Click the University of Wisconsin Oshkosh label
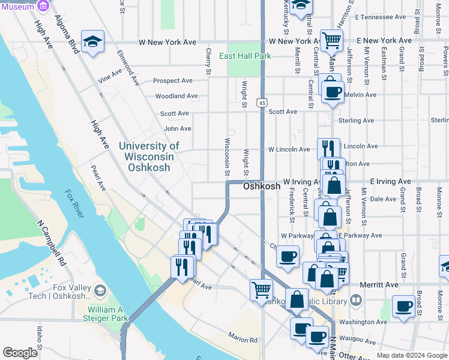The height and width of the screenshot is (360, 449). click(x=149, y=157)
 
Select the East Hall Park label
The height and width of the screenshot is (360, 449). click(x=244, y=56)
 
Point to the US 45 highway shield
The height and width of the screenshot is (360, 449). click(x=262, y=103)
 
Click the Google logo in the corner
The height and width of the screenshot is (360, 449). click(x=20, y=353)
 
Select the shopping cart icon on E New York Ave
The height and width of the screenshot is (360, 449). click(x=331, y=41)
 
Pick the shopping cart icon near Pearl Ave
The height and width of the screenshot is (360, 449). click(x=261, y=289)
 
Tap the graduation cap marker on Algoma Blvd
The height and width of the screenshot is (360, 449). click(x=92, y=41)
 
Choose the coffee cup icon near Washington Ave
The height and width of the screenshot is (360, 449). click(x=403, y=307)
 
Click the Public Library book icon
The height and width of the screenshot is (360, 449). click(x=355, y=299)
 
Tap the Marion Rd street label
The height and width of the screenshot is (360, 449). click(x=243, y=340)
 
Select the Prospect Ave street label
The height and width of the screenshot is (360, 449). click(x=173, y=80)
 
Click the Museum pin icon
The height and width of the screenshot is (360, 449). click(x=43, y=6)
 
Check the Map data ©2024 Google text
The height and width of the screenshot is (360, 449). click(x=411, y=355)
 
